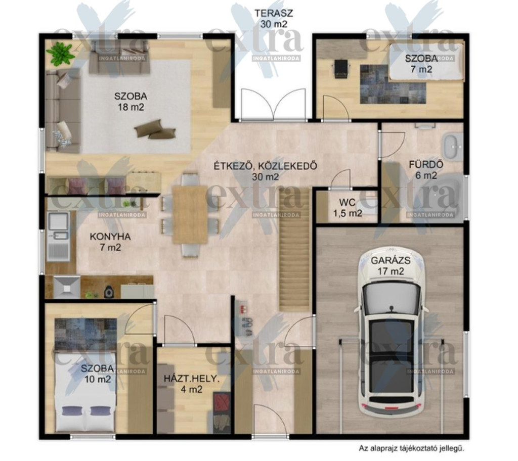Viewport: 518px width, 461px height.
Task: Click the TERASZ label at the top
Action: coord(274,13)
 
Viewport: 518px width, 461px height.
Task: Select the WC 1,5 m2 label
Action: coord(347,208)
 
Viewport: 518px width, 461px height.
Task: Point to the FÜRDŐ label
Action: coord(426,164)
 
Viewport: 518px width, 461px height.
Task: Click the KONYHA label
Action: coord(110,237)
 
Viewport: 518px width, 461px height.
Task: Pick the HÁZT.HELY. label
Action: coord(192,378)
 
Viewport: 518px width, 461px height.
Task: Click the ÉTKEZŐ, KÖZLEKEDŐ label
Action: coord(265,165)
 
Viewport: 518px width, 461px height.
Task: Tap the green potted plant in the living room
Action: coord(60,53)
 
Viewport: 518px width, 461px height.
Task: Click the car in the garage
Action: coord(392,331)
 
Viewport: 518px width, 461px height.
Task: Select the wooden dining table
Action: coord(190,215)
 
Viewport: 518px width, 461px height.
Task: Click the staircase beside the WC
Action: coord(294,250)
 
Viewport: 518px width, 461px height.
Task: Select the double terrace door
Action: coord(273,105)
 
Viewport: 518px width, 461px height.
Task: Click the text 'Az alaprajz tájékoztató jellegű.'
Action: coord(412,448)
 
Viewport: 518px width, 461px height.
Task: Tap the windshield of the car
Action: coord(392,297)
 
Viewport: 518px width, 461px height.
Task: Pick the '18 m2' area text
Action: coord(131,107)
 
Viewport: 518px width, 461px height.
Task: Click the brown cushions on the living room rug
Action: coord(155,129)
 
